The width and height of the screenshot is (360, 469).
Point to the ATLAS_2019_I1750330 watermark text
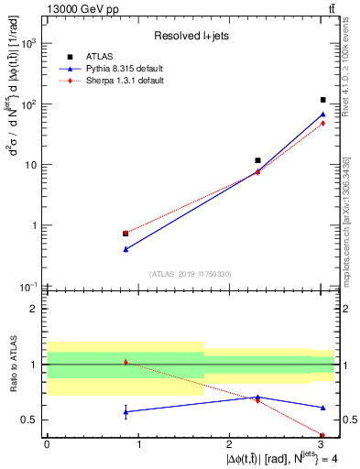(x=191, y=273)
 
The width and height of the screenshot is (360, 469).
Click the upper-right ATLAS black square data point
(x=323, y=100)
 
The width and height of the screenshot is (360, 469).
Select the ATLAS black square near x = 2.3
(x=258, y=160)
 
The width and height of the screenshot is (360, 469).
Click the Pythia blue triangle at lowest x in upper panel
(x=125, y=248)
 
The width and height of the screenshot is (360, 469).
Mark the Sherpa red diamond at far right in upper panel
(x=323, y=123)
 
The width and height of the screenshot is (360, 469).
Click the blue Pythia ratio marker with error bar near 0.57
(x=125, y=411)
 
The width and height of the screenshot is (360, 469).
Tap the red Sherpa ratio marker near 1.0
(x=125, y=363)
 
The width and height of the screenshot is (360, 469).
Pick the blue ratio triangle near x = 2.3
(x=258, y=397)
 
